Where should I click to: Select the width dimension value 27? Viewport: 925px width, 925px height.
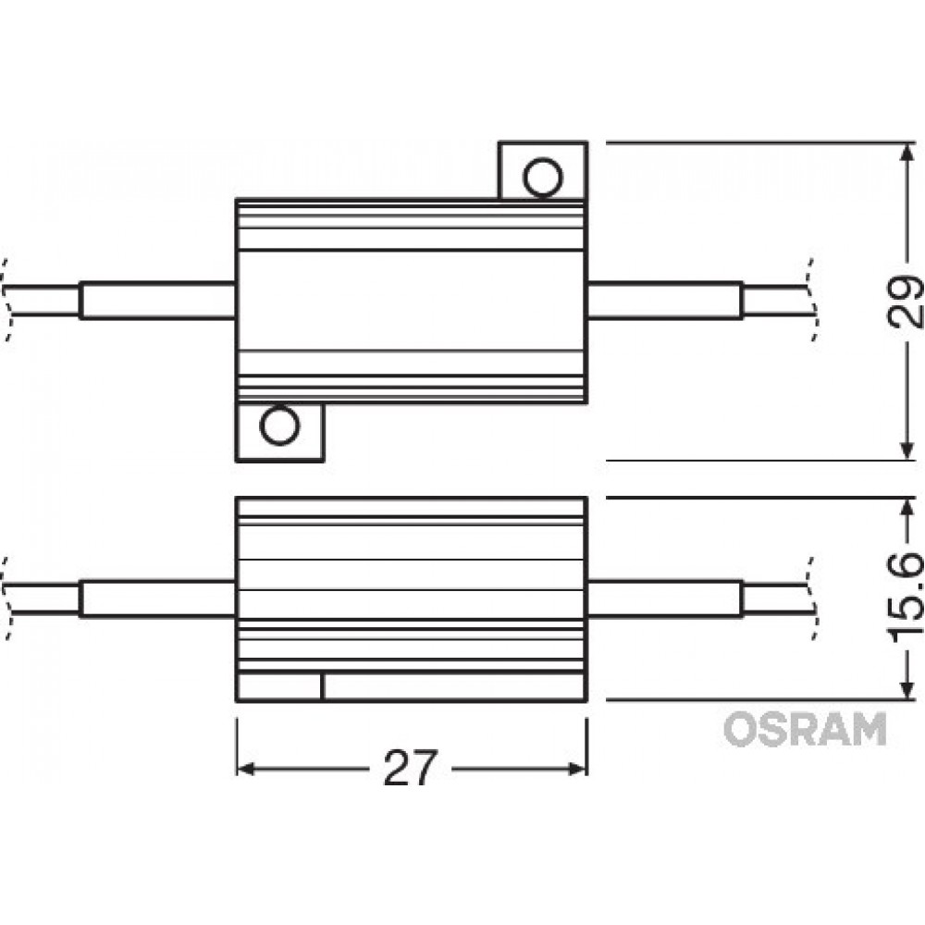[409, 767]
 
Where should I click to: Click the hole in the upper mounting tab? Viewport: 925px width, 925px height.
[541, 176]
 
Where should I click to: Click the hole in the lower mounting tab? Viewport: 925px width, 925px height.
[279, 426]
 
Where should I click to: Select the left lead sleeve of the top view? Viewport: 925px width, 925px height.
[157, 301]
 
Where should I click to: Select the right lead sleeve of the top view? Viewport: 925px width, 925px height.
[665, 301]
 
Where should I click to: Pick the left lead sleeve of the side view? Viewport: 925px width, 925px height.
[157, 598]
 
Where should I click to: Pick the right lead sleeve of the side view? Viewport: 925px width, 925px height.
[665, 598]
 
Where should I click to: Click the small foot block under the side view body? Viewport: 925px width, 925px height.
[279, 687]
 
